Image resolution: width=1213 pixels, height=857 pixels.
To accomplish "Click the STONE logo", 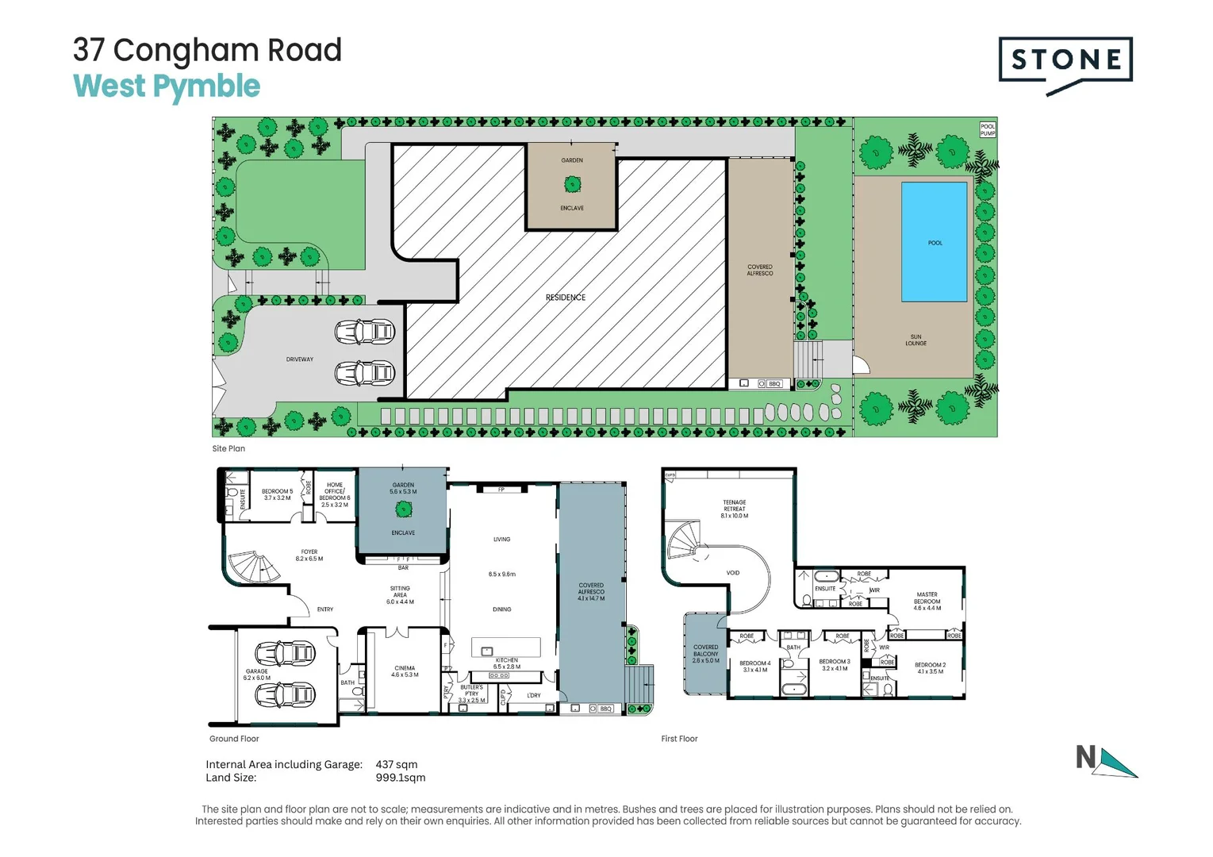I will pos(1065,61).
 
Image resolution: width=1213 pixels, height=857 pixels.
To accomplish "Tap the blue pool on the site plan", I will pos(934,241).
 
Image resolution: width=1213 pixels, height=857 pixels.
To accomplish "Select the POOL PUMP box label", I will pos(987,129).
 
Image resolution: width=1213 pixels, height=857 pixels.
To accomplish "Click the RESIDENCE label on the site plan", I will pos(565,298).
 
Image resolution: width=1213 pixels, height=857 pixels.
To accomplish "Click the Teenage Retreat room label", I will pos(734,509).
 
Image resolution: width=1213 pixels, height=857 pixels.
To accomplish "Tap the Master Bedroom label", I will pos(927,601).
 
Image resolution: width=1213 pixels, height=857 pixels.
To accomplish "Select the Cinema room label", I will pos(405,671).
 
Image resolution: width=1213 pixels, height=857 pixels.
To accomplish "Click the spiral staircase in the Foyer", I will pos(252,566).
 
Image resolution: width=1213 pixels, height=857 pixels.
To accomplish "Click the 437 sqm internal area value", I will pos(397,764).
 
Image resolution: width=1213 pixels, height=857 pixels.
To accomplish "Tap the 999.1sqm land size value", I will pos(401,778).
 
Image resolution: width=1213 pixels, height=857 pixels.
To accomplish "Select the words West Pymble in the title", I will pos(167,86).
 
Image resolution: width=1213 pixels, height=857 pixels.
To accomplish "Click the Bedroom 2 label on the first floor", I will pos(930,668).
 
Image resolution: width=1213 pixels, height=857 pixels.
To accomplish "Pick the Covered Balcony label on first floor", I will pos(705,653).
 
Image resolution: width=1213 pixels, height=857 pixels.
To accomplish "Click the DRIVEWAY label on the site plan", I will pos(299,359).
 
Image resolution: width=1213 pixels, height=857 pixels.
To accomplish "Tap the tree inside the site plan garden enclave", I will pos(572,184).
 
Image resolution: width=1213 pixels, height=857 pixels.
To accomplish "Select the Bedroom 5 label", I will pos(277,494).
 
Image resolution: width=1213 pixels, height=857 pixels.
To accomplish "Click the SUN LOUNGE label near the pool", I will pos(916,340).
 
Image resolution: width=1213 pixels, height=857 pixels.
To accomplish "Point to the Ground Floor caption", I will pos(234,739).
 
